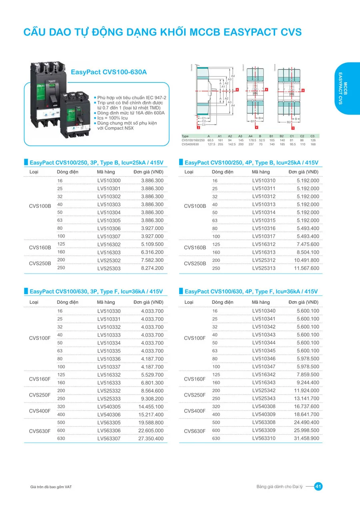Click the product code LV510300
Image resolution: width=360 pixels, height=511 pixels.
109,181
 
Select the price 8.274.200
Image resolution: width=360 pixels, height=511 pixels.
152,268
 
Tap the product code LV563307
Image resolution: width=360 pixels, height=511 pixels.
109,439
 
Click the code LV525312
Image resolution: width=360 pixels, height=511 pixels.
264,260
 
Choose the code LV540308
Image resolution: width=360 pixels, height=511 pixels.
264,407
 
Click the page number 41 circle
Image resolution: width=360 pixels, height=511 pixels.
318,487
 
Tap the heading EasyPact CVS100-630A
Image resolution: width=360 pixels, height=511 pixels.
109,72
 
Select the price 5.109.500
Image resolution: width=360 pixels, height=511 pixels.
152,244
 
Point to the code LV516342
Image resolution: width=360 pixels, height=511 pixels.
264,375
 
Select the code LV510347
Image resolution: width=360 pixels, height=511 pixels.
264,367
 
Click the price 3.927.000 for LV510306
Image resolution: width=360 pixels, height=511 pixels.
152,228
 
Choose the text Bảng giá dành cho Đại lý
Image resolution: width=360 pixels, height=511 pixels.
279,487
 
